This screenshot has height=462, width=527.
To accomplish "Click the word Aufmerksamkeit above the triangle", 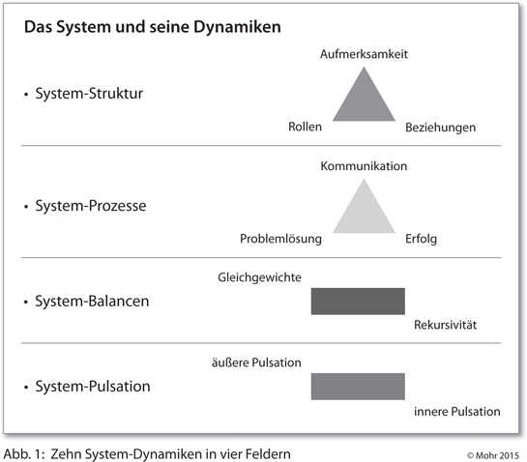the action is pos(364,54).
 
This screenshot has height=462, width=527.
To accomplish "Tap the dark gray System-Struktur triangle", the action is pos(364,101).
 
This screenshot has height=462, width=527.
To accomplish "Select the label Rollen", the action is pos(305,127).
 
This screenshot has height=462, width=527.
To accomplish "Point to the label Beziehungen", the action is pos(440,128).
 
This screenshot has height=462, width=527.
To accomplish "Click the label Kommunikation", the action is pos(364,166).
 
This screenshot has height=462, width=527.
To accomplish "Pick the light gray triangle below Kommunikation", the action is pos(364,213).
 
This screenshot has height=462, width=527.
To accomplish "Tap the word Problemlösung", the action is pos(280,239).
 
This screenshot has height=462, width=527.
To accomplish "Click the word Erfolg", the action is pos(421,239).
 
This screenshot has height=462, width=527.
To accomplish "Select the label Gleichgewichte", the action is pos(259,277).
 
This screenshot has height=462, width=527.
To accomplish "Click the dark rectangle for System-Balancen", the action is pos(358,301).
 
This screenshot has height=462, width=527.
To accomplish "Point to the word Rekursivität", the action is pos(445,325).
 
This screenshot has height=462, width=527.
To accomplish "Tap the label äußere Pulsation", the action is pos(256,362).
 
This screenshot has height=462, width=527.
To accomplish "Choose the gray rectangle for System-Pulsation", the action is pos(358,387).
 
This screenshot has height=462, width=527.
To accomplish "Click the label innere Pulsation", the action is pos(457,412).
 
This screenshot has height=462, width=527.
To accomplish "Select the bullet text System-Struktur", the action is pos(89,94).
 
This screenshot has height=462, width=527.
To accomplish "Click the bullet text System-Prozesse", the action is pos(91,206).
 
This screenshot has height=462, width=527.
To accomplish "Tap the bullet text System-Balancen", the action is pos(92,301).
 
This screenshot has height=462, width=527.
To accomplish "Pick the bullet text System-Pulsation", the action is pos(93,387).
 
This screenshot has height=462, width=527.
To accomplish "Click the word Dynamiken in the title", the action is pos(237,27).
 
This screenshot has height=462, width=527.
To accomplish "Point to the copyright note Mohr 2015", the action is pos(493,455).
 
